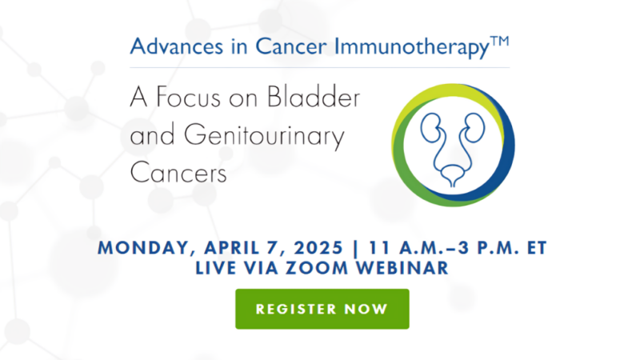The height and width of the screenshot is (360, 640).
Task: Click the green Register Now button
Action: [322, 309]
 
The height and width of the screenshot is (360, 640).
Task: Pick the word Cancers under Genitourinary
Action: [178, 172]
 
